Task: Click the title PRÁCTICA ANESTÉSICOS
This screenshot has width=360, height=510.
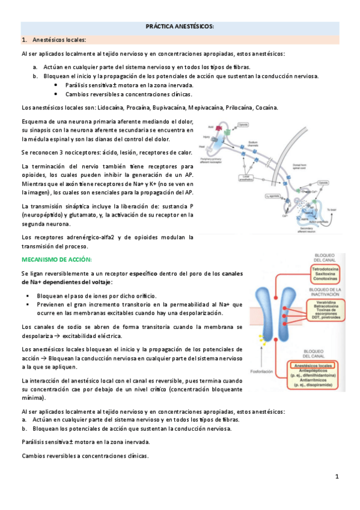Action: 180,27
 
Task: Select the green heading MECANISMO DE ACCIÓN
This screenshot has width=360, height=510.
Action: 56,259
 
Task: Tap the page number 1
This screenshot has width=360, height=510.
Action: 337,476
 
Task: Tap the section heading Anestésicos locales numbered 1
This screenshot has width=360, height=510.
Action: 59,40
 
